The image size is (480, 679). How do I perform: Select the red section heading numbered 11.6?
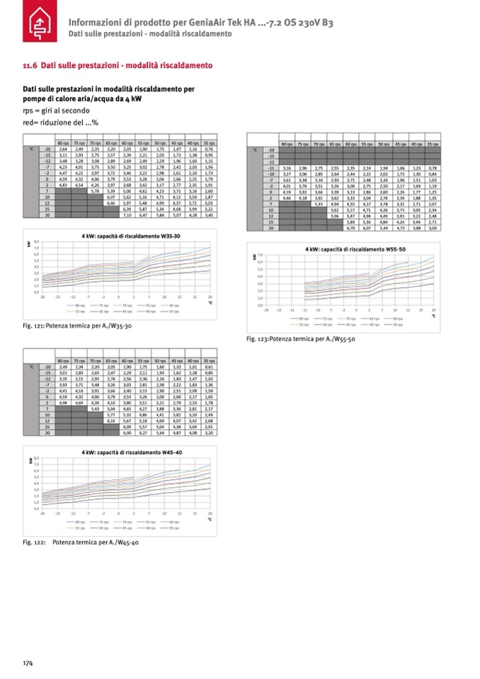[x=118, y=66]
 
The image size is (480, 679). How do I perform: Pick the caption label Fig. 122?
[x=33, y=543]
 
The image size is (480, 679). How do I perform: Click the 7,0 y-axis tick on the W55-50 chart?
[x=261, y=254]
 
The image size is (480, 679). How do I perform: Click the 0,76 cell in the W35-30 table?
[x=209, y=150]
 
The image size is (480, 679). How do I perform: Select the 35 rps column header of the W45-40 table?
[x=209, y=361]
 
